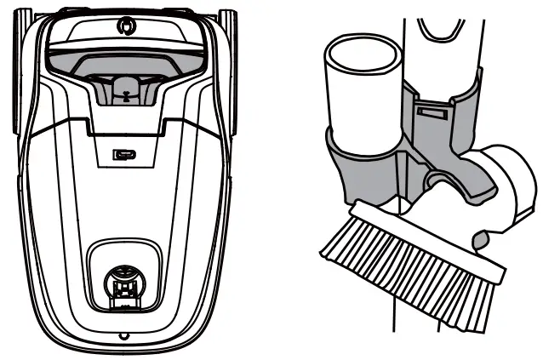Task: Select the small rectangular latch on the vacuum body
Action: (123, 156)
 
